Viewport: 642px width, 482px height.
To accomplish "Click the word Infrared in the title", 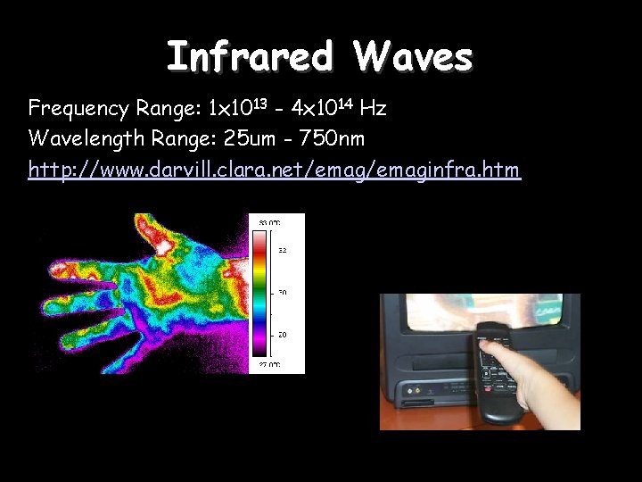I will point(249,57).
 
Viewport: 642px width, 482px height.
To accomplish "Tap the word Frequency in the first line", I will point(78,109).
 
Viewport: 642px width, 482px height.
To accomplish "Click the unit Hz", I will point(374,109).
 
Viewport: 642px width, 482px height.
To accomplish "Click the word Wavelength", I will point(81,138).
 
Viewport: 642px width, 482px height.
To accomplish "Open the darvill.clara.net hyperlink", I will point(274,169).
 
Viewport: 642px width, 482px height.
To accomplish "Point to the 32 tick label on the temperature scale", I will point(282,251).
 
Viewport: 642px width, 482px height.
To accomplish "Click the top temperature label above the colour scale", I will point(269,221).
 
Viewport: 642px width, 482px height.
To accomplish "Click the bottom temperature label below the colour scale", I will point(269,364).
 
